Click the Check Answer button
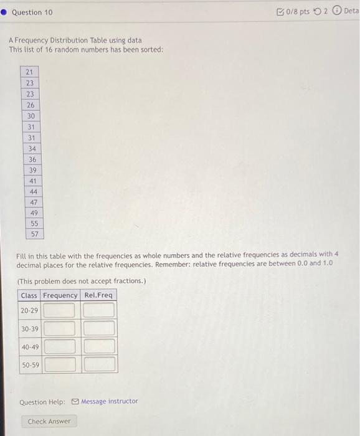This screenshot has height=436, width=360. point(49,422)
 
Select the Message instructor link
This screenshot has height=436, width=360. point(105,402)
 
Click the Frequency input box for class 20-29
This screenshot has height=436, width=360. point(60,310)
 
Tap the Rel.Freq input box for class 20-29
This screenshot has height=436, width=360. point(99,310)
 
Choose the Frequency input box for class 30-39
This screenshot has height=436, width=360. point(60,328)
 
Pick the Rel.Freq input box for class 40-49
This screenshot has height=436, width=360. point(99,346)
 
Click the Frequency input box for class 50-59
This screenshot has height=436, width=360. point(60,364)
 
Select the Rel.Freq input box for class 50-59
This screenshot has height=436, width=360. point(99,364)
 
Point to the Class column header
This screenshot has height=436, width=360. point(29,295)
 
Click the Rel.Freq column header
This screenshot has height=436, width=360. point(98,295)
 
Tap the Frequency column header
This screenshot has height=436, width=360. point(60,295)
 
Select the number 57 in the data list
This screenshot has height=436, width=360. point(34,234)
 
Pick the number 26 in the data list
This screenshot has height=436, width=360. point(30,105)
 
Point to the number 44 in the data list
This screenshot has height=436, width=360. point(33,191)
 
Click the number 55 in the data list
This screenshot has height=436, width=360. point(34,223)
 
